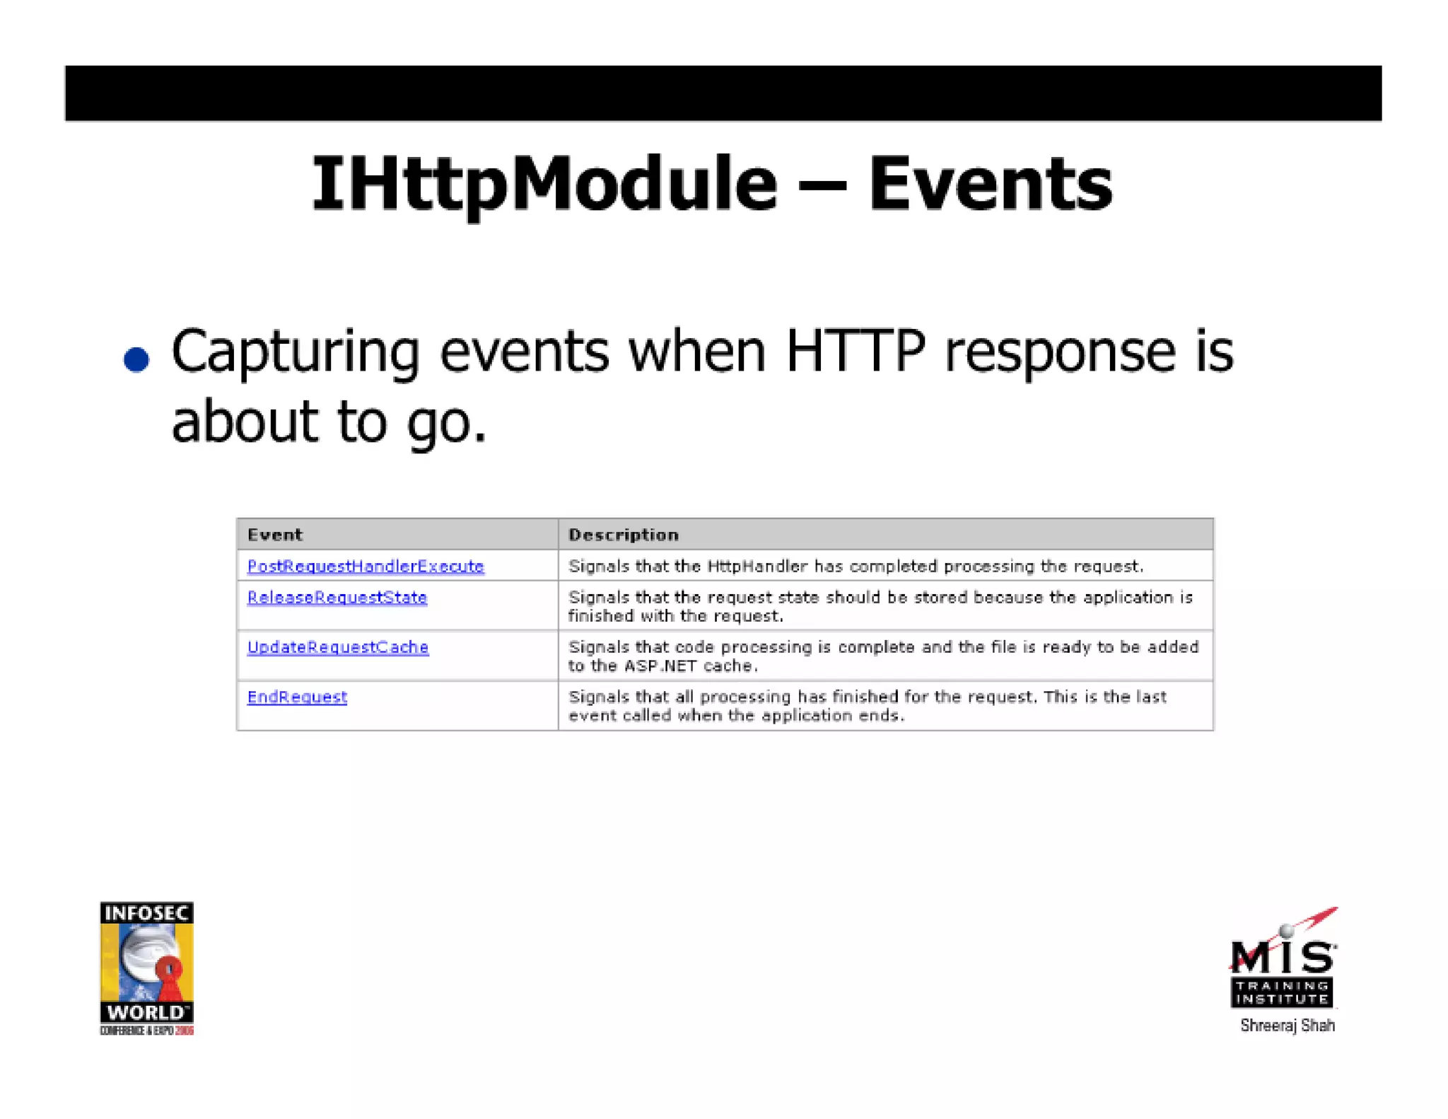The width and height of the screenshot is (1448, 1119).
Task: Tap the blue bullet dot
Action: (x=136, y=359)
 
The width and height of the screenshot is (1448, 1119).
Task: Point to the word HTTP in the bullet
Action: (x=855, y=351)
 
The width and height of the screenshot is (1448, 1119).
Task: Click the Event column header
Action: (x=275, y=535)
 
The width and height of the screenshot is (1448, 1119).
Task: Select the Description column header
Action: (x=623, y=535)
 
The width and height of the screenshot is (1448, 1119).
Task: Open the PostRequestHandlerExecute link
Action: (x=366, y=566)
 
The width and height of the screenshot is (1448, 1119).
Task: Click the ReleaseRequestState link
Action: (x=337, y=598)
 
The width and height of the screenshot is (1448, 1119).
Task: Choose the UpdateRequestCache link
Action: (x=338, y=647)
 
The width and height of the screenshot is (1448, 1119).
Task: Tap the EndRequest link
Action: (x=297, y=697)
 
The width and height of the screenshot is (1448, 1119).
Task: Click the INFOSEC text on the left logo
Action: (x=146, y=913)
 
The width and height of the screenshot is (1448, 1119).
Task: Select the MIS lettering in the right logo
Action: (x=1283, y=958)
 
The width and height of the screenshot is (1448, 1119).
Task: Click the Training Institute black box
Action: (x=1281, y=992)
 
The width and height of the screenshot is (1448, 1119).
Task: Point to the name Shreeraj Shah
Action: (x=1287, y=1026)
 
